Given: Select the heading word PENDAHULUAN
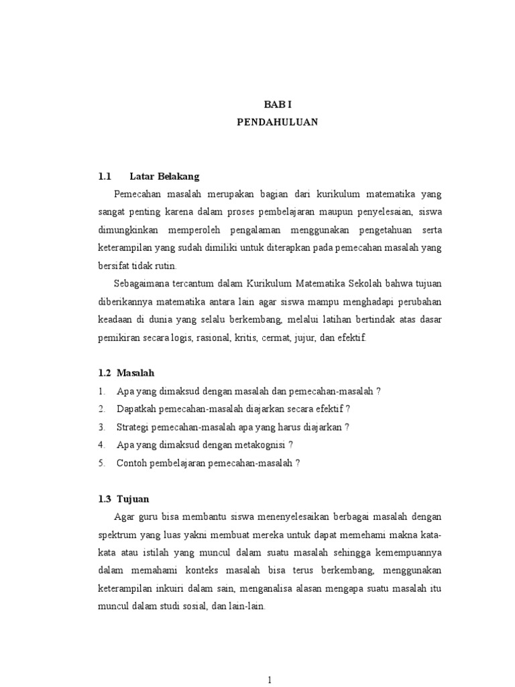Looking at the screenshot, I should click(278, 123).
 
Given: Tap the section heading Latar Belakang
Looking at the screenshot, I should click(164, 177).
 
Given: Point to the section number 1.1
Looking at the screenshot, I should click(104, 177).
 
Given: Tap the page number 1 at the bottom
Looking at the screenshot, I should click(270, 680).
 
